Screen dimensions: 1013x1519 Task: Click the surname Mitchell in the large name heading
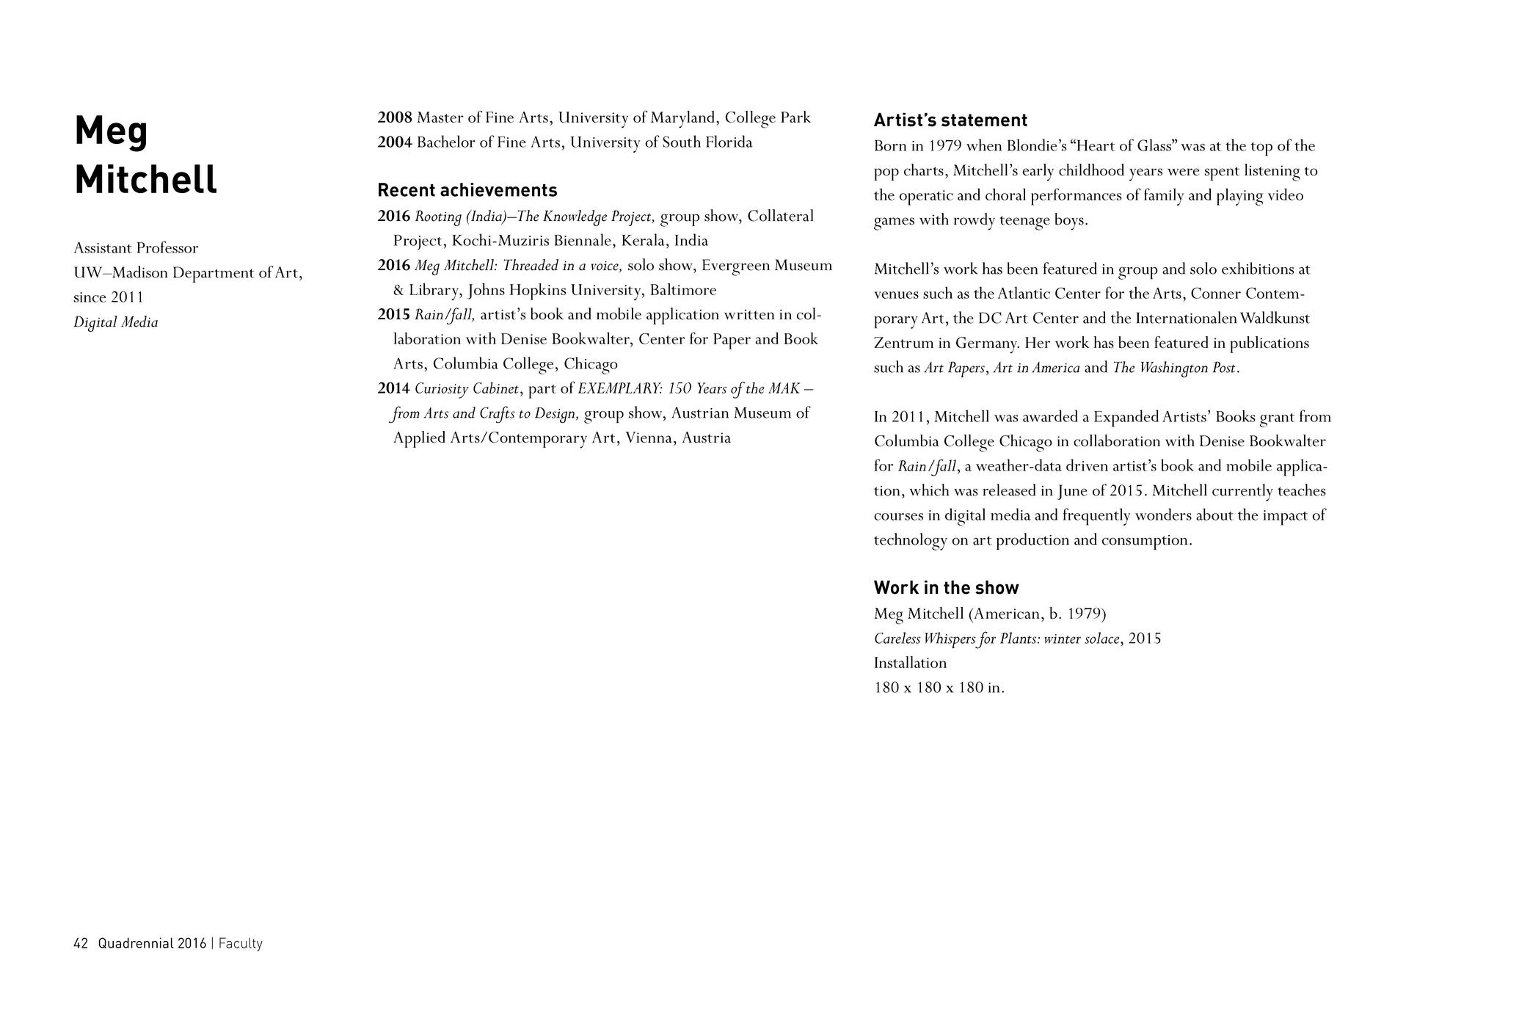point(145,179)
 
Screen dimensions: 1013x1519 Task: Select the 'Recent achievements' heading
point(467,190)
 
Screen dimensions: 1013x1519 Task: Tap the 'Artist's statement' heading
point(950,120)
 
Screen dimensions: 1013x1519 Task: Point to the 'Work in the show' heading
point(946,587)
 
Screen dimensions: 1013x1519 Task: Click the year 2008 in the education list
point(394,117)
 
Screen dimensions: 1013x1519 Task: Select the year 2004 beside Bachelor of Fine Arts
point(394,142)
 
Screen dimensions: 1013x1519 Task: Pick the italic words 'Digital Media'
point(115,322)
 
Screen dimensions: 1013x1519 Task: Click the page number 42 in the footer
point(81,943)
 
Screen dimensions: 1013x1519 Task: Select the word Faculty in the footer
point(240,943)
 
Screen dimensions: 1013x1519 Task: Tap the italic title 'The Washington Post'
point(1174,368)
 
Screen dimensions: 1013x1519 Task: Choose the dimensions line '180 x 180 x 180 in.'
point(939,688)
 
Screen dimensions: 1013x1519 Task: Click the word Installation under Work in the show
point(910,663)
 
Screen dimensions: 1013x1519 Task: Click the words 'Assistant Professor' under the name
point(136,248)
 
